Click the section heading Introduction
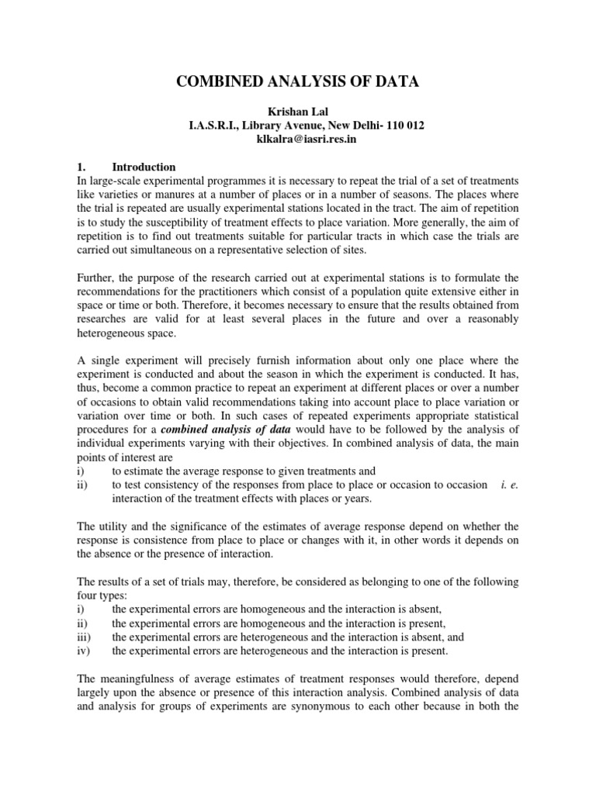click(144, 167)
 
